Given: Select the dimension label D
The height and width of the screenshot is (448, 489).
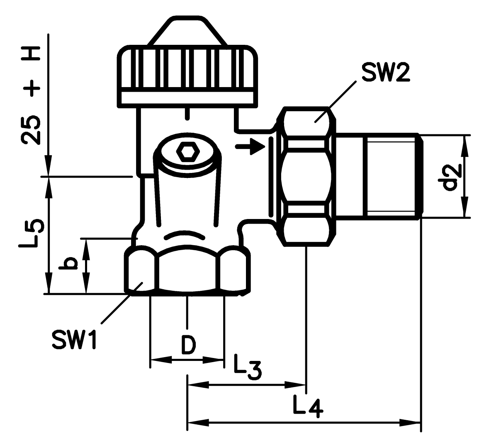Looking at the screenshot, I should coord(187,345).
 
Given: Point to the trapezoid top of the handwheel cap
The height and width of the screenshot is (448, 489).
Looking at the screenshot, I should coord(187,32).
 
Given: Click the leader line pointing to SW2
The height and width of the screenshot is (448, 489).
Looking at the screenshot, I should coord(335,102).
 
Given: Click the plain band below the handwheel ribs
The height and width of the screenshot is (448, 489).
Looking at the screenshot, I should coord(187,97).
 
